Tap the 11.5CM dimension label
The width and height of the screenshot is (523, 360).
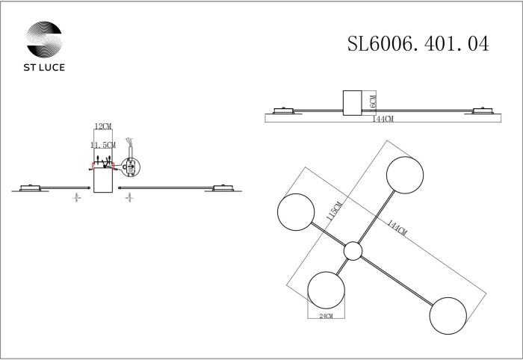[102, 144]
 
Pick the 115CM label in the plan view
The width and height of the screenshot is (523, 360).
[335, 214]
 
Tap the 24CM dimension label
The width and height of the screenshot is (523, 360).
[326, 317]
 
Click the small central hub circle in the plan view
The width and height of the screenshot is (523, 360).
[353, 252]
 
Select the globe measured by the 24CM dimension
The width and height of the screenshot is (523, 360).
[327, 289]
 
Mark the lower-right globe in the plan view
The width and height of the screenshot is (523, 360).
[448, 314]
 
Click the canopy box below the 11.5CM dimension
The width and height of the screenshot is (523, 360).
[102, 180]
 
